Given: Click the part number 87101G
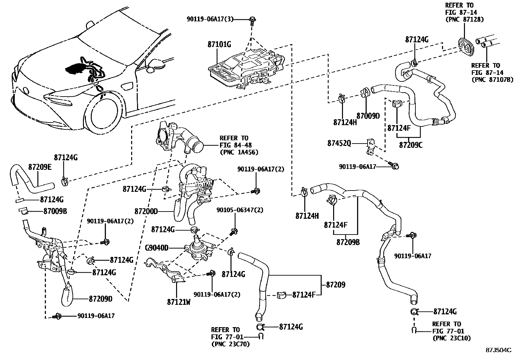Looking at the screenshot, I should (219, 44).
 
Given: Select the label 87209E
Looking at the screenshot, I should (40, 167).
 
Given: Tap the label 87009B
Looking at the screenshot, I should (55, 211).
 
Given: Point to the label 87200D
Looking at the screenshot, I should (146, 211).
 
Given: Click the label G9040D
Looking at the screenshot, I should (156, 248).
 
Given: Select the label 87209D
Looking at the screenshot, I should (101, 299).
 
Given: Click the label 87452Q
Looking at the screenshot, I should (339, 144).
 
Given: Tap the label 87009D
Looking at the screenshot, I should (368, 116).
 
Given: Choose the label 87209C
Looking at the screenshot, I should (411, 145).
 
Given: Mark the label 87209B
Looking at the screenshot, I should (348, 242).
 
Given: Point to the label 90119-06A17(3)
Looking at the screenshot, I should (210, 19).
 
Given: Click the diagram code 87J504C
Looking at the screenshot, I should (498, 350).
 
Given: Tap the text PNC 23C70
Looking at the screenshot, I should (230, 344).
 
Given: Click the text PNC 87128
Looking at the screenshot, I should (464, 20).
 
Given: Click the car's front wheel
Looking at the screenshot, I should (104, 114).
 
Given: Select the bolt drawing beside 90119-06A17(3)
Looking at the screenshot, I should (253, 20).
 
